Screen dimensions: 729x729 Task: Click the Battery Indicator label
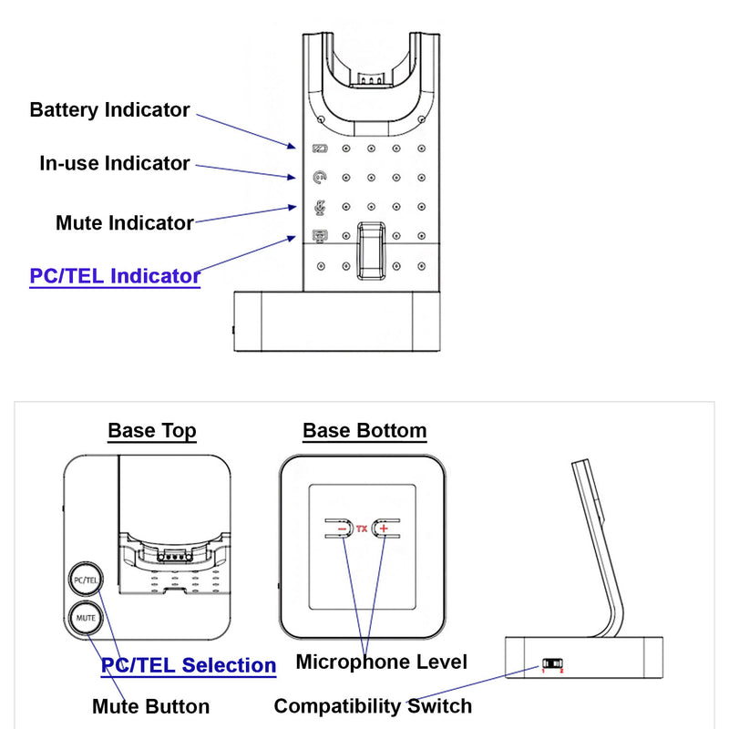109,110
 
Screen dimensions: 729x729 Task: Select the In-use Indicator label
114,164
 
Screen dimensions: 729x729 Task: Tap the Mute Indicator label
124,222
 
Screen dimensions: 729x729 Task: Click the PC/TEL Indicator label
115,276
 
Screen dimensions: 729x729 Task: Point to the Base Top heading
151,431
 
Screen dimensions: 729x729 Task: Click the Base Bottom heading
364,431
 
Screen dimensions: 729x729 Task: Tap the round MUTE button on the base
86,618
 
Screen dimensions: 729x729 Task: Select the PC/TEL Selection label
188,666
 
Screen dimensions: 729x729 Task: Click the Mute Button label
150,706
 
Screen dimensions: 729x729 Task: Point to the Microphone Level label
381,662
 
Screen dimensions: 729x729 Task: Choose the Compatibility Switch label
373,706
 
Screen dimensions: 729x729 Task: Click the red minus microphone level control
342,529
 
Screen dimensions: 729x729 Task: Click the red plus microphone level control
384,529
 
